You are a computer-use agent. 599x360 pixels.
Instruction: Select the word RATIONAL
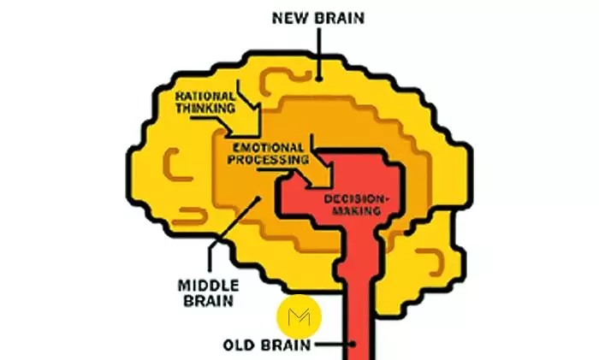[205, 97]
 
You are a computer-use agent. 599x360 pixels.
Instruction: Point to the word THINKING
[206, 109]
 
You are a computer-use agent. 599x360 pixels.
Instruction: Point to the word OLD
[239, 346]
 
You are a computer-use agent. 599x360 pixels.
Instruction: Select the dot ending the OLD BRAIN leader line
[353, 345]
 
